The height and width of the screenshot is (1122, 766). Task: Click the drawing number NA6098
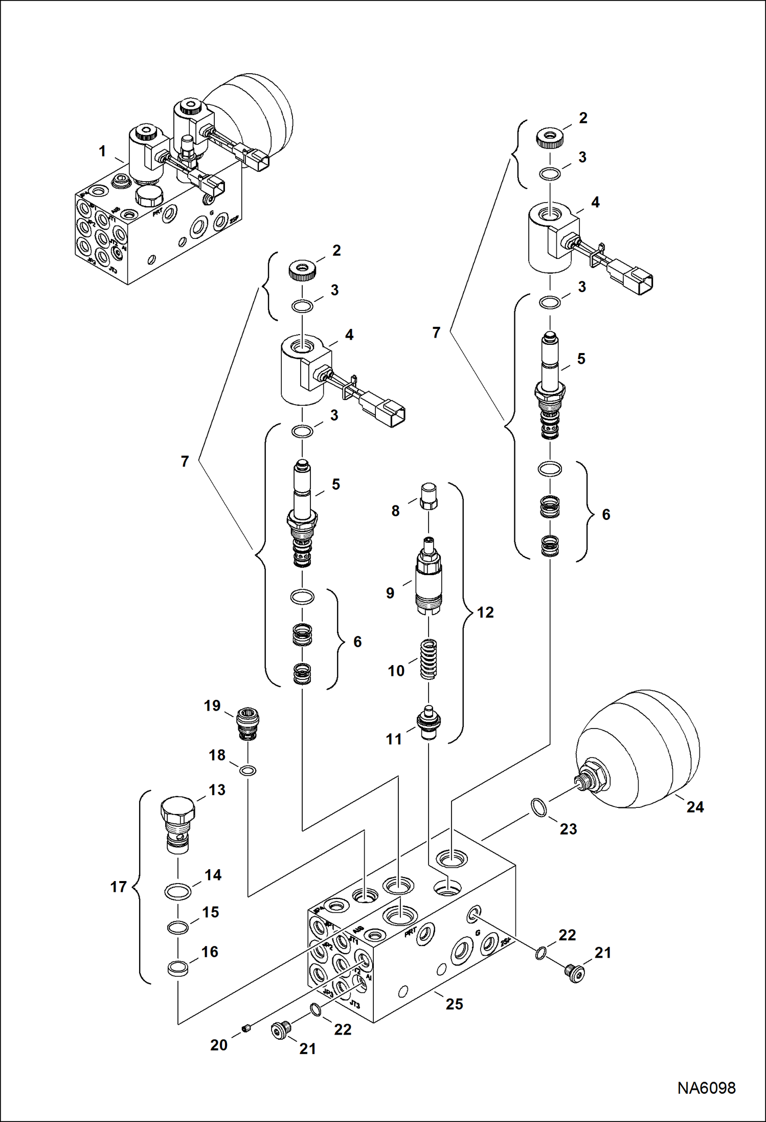[706, 1088]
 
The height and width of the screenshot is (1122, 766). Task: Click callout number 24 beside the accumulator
[695, 807]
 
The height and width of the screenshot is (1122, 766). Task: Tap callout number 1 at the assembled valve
[102, 151]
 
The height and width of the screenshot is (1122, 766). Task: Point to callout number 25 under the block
[454, 1004]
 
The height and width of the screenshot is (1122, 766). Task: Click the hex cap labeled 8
[428, 495]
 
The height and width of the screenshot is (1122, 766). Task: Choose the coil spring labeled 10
[429, 659]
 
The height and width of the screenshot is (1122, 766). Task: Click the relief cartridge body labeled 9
[428, 578]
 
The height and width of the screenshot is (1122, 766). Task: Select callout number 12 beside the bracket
[485, 612]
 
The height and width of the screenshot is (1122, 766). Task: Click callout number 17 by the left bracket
[119, 887]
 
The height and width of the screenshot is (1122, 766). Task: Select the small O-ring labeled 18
[248, 771]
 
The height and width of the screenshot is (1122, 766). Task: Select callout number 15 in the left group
[210, 912]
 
